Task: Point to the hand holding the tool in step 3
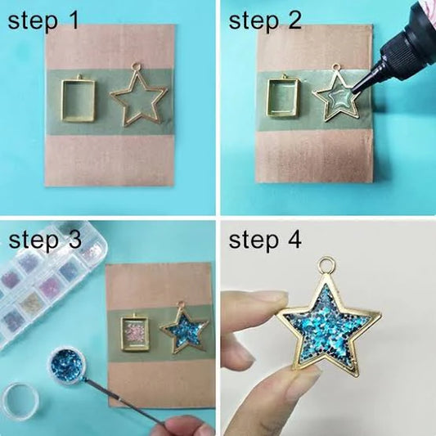184,426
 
